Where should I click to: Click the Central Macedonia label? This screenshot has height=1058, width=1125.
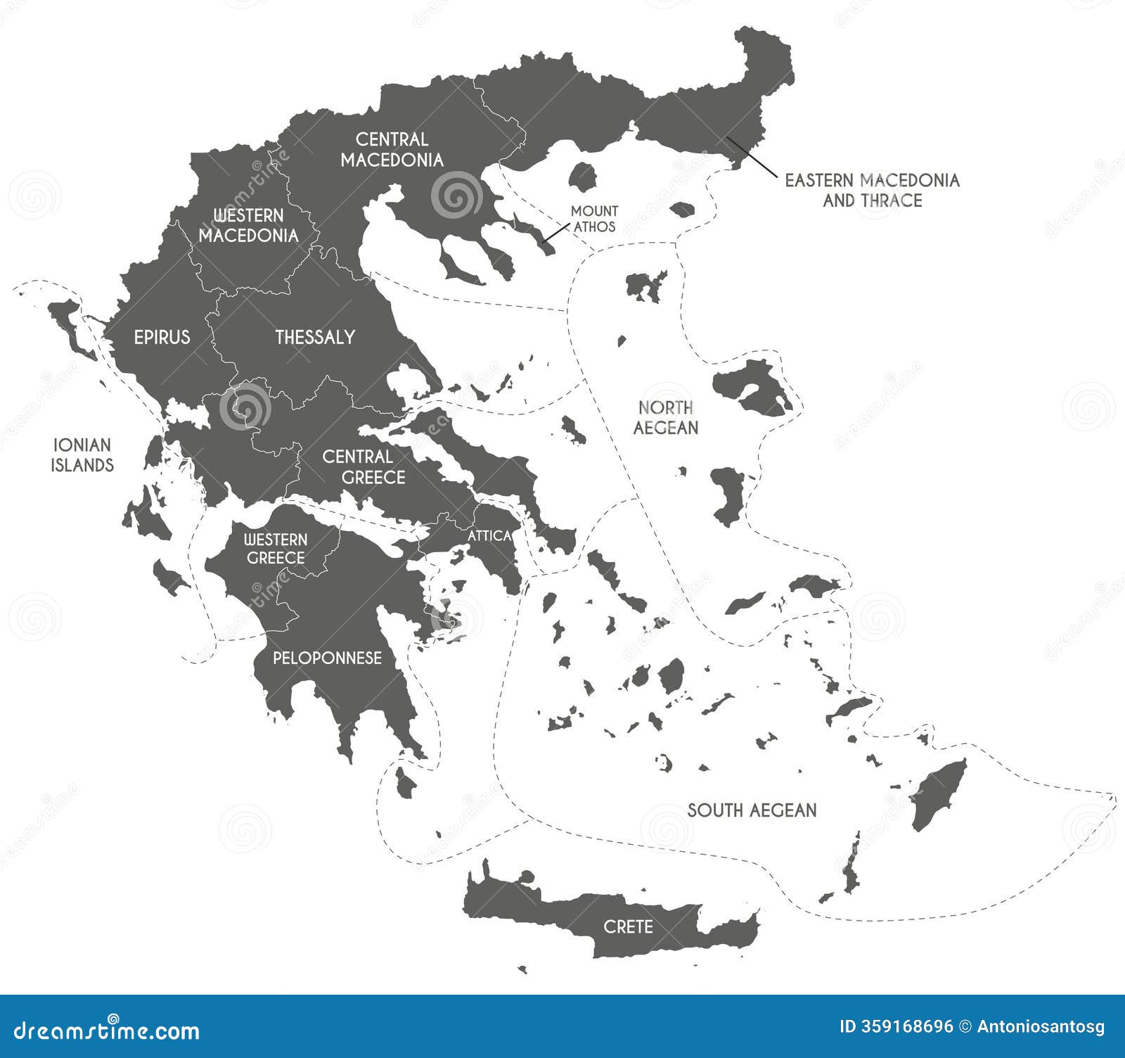pyautogui.click(x=392, y=150)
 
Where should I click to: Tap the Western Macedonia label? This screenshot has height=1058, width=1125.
pyautogui.click(x=248, y=226)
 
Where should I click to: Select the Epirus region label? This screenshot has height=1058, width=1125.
pyautogui.click(x=162, y=337)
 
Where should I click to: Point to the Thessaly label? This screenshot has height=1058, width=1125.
pyautogui.click(x=314, y=337)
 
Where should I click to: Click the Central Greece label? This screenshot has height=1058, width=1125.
pyautogui.click(x=364, y=467)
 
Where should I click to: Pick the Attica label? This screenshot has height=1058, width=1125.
pyautogui.click(x=489, y=536)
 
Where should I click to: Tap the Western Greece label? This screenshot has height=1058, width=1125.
pyautogui.click(x=275, y=549)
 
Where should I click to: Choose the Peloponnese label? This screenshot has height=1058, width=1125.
pyautogui.click(x=327, y=658)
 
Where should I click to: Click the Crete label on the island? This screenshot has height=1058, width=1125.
pyautogui.click(x=628, y=926)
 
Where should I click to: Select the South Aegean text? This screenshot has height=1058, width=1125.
pyautogui.click(x=752, y=810)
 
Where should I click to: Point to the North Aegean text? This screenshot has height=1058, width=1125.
pyautogui.click(x=665, y=417)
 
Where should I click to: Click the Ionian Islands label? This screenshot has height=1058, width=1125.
pyautogui.click(x=82, y=455)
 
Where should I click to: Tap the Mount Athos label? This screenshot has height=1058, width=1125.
pyautogui.click(x=594, y=219)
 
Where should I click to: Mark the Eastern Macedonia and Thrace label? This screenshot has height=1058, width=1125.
pyautogui.click(x=872, y=190)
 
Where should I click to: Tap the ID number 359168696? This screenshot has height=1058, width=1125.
pyautogui.click(x=906, y=1027)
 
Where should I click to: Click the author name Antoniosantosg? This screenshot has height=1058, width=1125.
pyautogui.click(x=1041, y=1027)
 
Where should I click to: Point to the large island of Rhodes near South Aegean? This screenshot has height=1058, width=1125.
pyautogui.click(x=939, y=795)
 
